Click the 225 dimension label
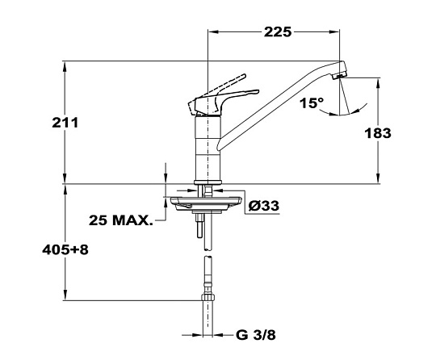pyautogui.click(x=278, y=32)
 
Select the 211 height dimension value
pyautogui.click(x=65, y=123)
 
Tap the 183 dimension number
pyautogui.click(x=378, y=133)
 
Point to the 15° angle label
pyautogui.click(x=312, y=103)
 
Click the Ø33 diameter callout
pyautogui.click(x=264, y=206)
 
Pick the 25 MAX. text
pyautogui.click(x=121, y=220)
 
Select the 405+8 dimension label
pyautogui.click(x=65, y=250)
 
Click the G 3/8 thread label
pyautogui.click(x=256, y=335)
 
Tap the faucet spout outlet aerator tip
pyautogui.click(x=340, y=76)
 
